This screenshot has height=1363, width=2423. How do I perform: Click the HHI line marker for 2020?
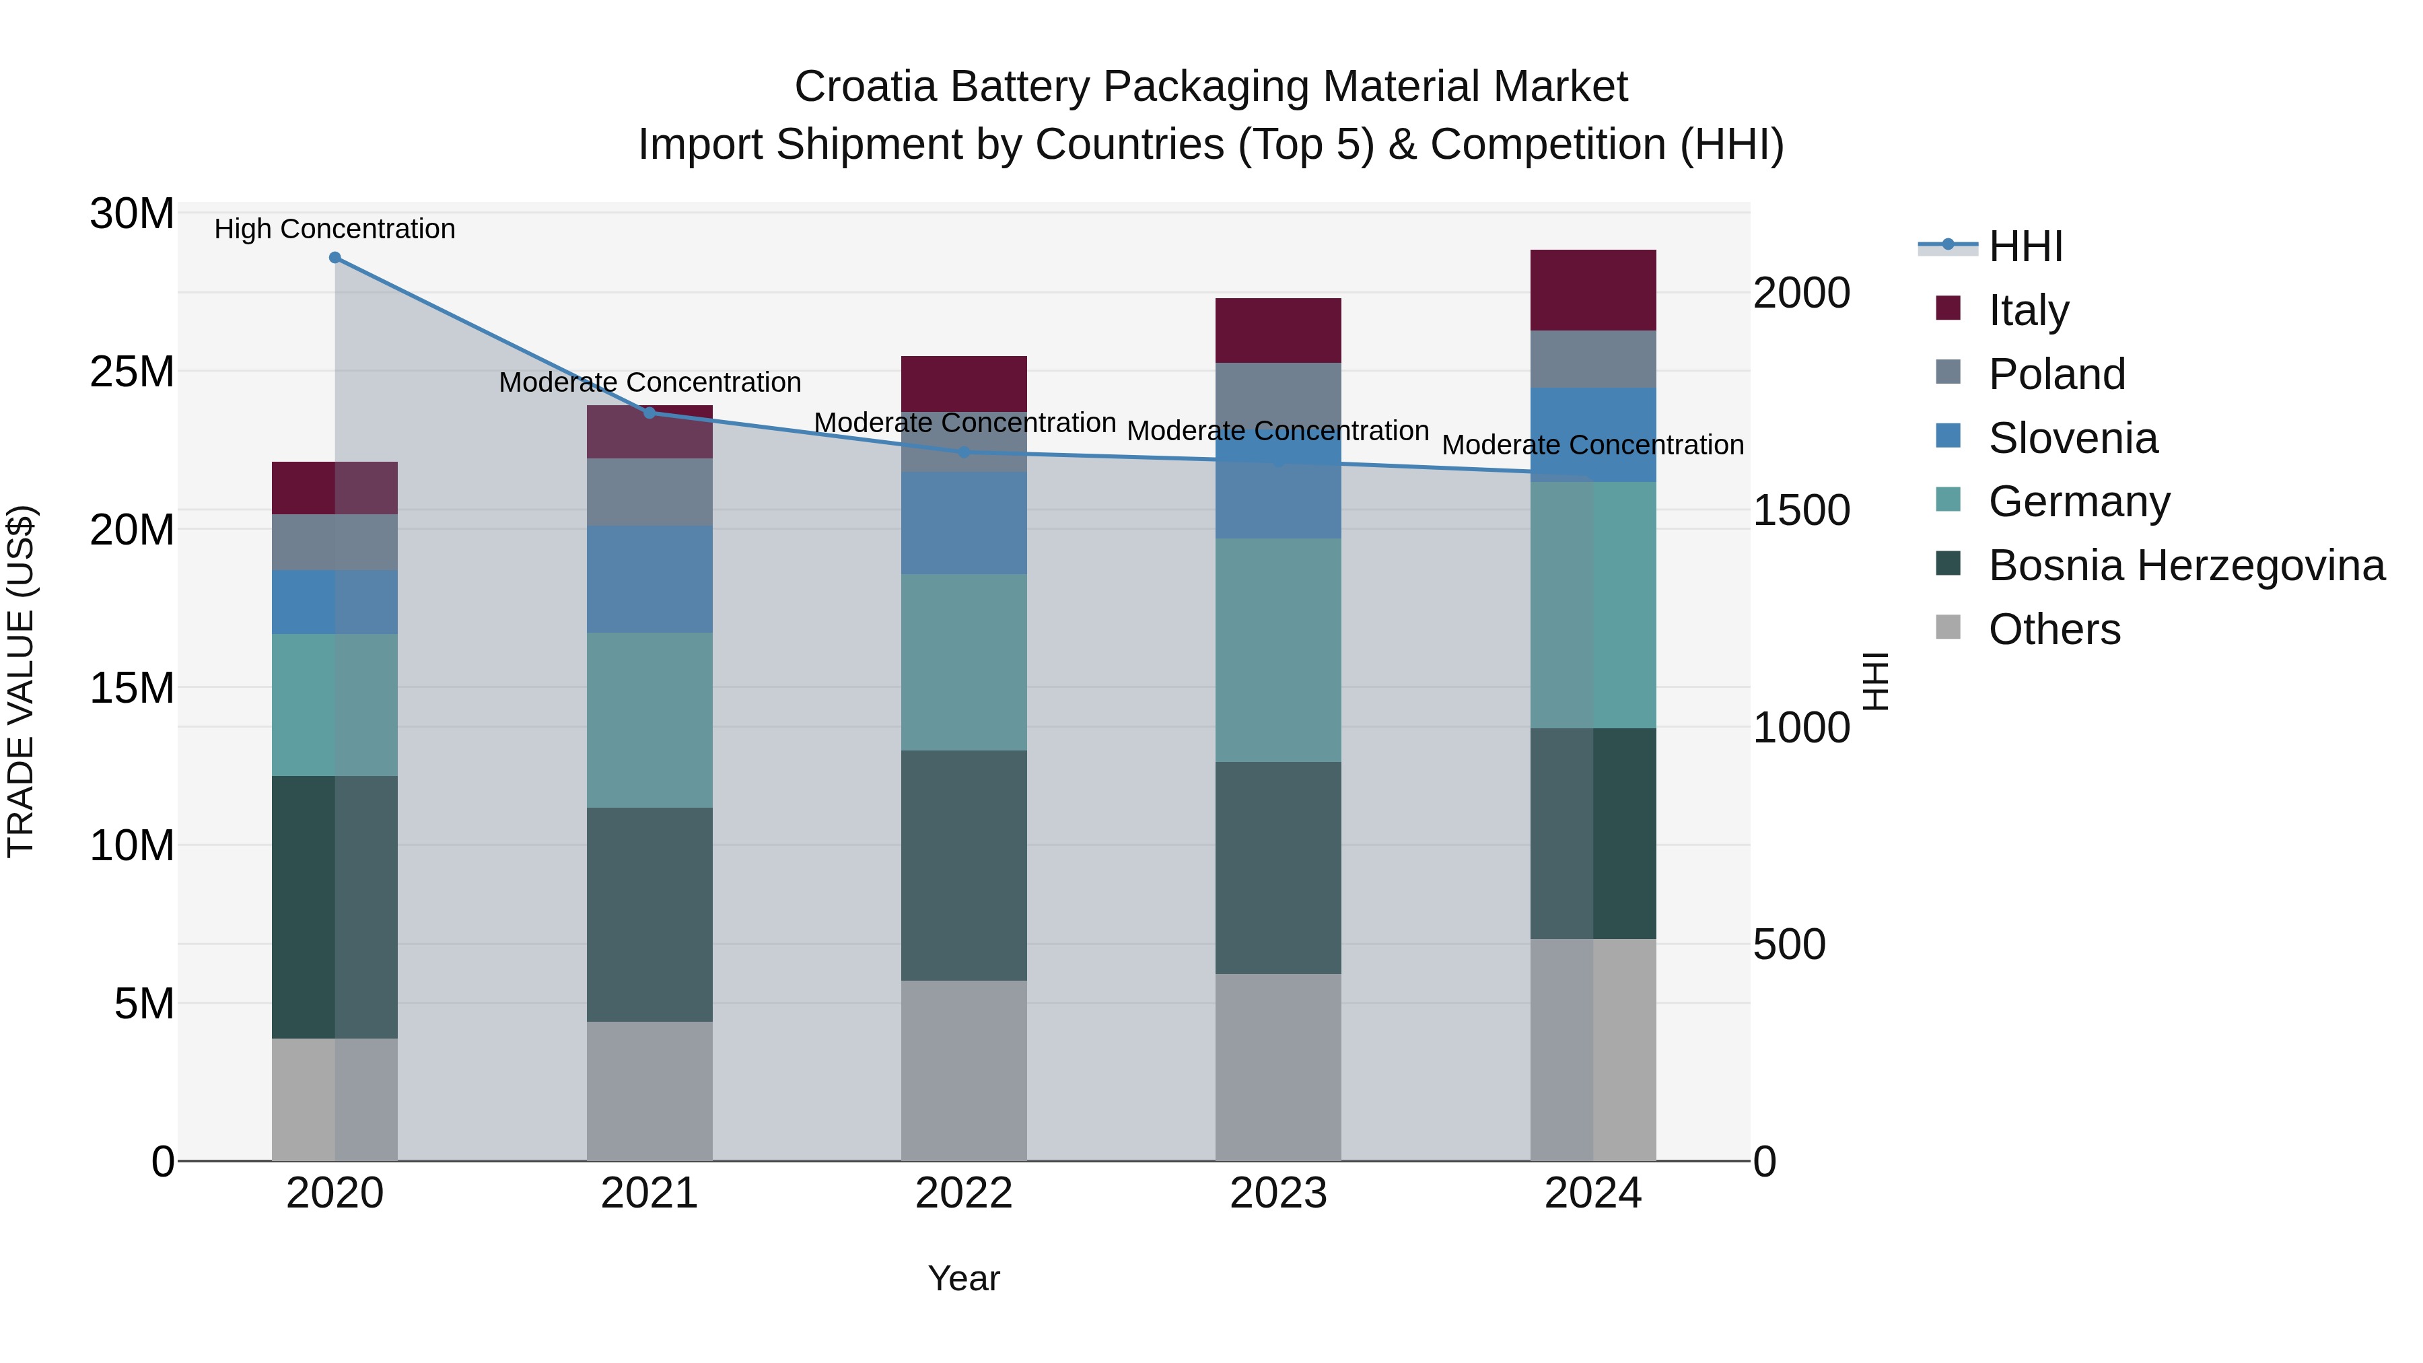(335, 258)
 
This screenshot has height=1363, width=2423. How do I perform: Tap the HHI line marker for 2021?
(649, 413)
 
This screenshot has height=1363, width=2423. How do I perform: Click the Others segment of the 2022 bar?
(963, 1070)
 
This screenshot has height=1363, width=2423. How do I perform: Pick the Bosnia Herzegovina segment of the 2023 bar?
(1277, 868)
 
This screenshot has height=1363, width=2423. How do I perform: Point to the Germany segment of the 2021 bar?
(649, 720)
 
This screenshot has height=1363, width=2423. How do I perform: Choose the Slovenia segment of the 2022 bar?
(963, 523)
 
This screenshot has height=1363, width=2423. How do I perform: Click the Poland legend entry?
(2056, 374)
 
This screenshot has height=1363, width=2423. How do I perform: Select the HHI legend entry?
(2025, 246)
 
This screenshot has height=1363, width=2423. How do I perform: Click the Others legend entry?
(2054, 629)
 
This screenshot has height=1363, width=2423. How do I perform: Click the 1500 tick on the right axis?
(1801, 511)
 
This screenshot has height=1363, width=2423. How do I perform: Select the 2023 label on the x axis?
(1277, 1193)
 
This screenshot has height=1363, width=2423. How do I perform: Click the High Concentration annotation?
(335, 229)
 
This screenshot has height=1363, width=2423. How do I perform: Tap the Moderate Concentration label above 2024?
(1592, 445)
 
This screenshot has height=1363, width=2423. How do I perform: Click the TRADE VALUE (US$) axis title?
(21, 681)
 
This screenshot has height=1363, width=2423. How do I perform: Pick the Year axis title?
(963, 1278)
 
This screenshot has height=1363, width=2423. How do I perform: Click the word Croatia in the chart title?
(866, 87)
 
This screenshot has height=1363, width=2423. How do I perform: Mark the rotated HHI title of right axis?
(1876, 681)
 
